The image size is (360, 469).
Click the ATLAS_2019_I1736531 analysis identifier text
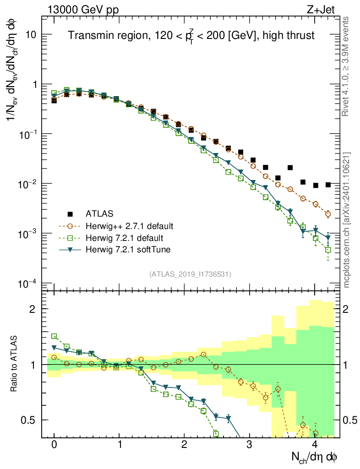point(190,274)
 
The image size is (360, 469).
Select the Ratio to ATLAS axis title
point(14,364)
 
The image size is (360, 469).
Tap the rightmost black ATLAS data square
point(328,185)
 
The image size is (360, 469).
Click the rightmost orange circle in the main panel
point(328,214)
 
